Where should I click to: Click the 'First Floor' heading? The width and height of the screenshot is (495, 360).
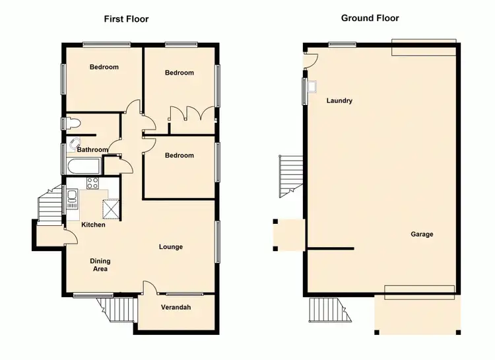(126, 19)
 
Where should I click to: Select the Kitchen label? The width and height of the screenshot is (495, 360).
(93, 225)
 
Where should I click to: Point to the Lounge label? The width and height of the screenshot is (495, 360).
(170, 247)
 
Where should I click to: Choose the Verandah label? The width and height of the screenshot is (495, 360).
(176, 307)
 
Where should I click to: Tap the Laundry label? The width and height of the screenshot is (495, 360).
(339, 101)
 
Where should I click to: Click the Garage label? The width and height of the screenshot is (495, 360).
(422, 234)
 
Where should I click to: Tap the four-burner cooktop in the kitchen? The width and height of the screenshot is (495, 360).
(93, 183)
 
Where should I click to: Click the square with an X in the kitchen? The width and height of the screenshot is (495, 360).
(110, 211)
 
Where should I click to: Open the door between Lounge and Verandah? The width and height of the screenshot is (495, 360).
(149, 288)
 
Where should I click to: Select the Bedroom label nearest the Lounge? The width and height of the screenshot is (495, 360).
(180, 155)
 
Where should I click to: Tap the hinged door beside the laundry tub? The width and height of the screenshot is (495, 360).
(311, 60)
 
